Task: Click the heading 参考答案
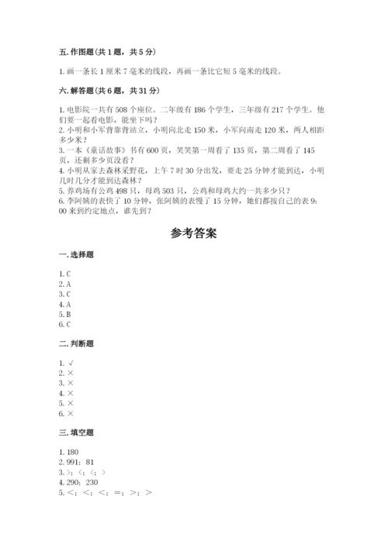coord(193,233)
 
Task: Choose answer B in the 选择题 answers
coord(69,315)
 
